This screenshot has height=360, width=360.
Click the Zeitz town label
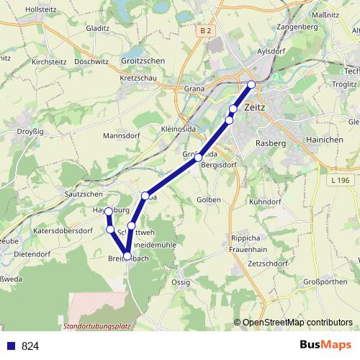pyautogui.click(x=256, y=107)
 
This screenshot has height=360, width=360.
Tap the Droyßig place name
pyautogui.click(x=30, y=132)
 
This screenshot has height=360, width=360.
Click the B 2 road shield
pyautogui.click(x=207, y=30)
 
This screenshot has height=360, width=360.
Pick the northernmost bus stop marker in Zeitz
pyautogui.click(x=251, y=85)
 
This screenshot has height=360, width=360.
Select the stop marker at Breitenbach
pyautogui.click(x=127, y=256)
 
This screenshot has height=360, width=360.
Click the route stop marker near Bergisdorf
pyautogui.click(x=198, y=156)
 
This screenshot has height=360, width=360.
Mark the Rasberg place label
pyautogui.click(x=271, y=143)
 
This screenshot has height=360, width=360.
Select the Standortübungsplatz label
pyautogui.click(x=96, y=327)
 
